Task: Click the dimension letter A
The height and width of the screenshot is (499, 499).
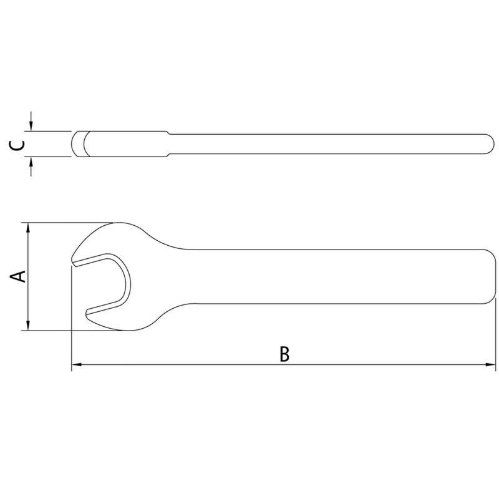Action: pyautogui.click(x=18, y=276)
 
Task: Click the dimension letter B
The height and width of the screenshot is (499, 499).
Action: pyautogui.click(x=284, y=354)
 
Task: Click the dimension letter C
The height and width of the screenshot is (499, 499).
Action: pyautogui.click(x=16, y=145)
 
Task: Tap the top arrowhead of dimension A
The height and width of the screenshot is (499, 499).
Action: pyautogui.click(x=28, y=228)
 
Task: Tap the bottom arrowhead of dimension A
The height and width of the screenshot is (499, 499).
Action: pyautogui.click(x=28, y=325)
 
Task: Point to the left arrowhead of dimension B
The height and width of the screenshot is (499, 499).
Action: pyautogui.click(x=77, y=364)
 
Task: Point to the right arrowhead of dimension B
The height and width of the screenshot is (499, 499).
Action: pyautogui.click(x=490, y=364)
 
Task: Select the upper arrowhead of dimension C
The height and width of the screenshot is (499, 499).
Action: pyautogui.click(x=31, y=126)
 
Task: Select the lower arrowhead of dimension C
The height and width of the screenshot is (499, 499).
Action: pyautogui.click(x=31, y=162)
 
